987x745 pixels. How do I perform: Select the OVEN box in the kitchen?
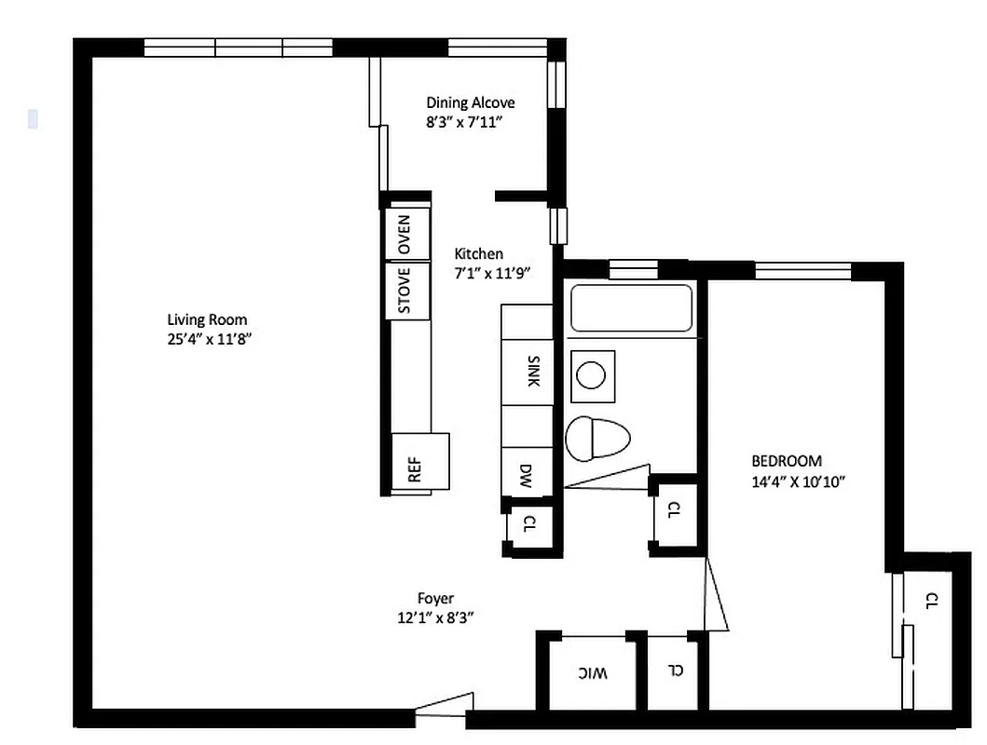[407, 235]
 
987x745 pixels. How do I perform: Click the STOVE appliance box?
[407, 291]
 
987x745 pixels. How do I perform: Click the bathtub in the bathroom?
[631, 308]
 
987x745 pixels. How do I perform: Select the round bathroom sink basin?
[590, 375]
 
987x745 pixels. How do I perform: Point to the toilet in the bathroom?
[596, 438]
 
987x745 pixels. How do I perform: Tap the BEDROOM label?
[787, 461]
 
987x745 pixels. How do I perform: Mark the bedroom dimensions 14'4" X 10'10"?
[798, 481]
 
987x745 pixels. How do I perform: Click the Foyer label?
[435, 599]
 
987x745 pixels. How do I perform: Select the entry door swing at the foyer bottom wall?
[445, 705]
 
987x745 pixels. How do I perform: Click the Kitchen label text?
[478, 253]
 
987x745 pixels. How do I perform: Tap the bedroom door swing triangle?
[716, 596]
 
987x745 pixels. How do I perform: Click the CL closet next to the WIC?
[676, 670]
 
